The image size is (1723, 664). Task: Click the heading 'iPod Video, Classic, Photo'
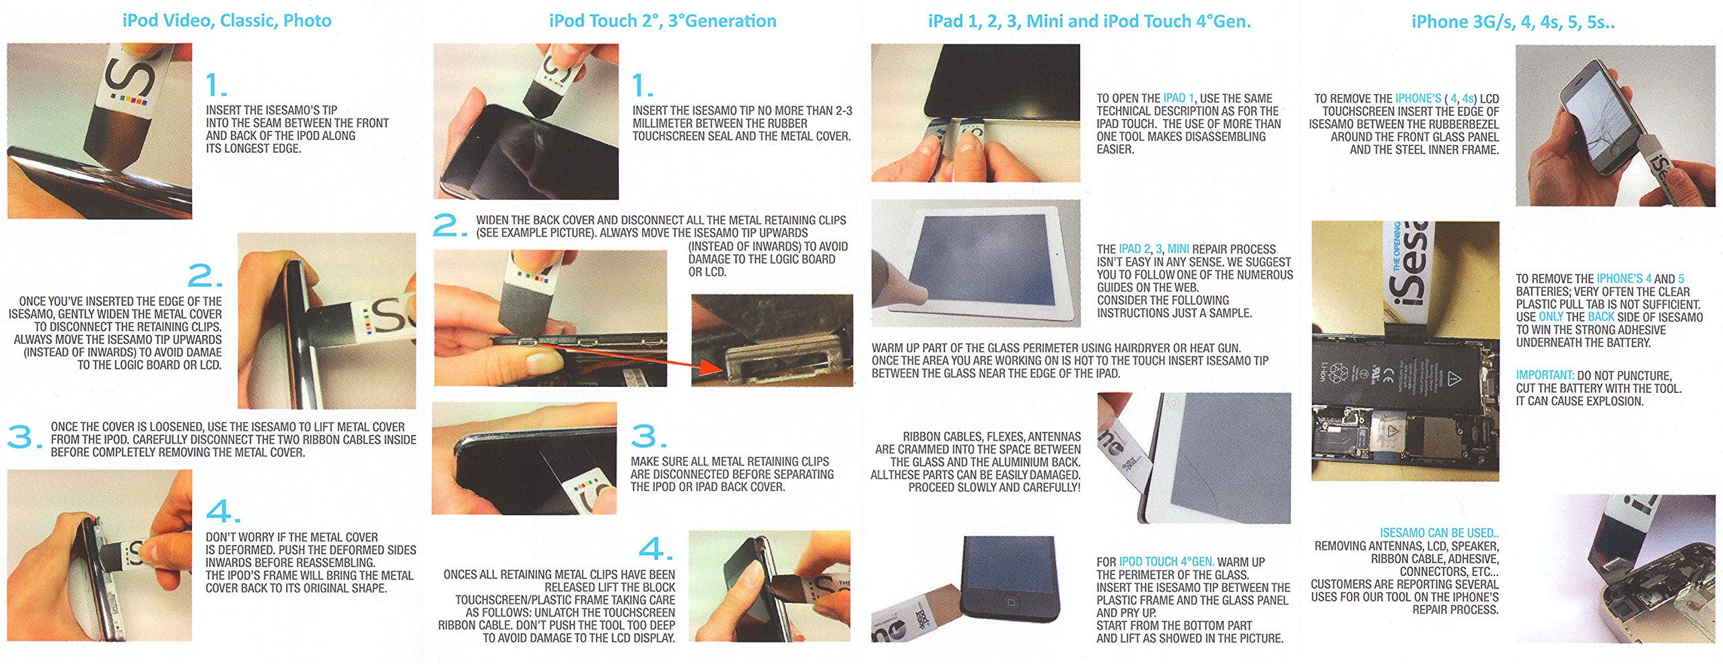(227, 21)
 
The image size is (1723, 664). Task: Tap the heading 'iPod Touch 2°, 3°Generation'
(662, 21)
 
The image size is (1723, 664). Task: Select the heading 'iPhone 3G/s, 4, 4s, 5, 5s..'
(1513, 22)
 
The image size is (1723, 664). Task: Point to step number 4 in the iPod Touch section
(655, 548)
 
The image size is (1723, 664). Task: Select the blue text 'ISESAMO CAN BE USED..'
(1439, 533)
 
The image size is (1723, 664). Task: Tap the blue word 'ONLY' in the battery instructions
(1551, 317)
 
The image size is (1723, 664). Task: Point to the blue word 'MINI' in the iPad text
(1178, 249)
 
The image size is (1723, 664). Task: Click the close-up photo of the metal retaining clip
(772, 340)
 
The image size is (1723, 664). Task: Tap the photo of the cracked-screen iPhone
(1615, 126)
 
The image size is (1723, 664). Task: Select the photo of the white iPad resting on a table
(976, 263)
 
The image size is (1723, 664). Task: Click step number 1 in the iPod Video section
(215, 85)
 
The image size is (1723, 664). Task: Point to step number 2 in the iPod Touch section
(450, 225)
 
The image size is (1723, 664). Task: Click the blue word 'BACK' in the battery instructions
(1601, 317)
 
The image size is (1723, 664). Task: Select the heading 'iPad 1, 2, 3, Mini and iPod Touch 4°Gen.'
(1089, 22)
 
